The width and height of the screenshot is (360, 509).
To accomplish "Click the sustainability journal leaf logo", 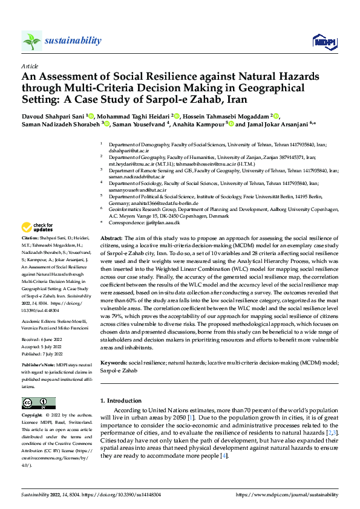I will point(32,41).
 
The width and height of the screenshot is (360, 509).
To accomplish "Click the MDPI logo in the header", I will point(324,41).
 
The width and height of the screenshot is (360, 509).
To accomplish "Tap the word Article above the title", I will point(30,66).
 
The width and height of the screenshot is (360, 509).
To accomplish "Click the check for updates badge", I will point(37,228).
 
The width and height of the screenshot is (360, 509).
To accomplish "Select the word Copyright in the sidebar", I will point(32,416).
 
